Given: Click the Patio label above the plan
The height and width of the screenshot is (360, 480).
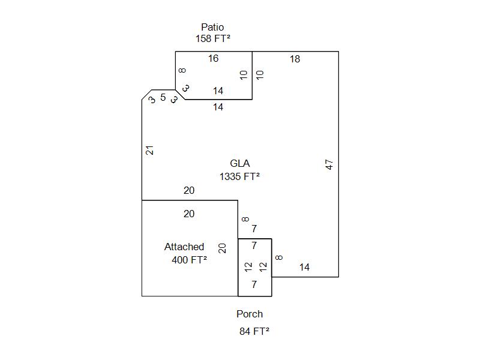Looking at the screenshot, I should [x=212, y=27].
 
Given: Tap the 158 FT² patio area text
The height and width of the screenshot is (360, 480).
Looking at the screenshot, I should [x=213, y=38].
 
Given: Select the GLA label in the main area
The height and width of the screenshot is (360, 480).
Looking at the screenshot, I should [x=239, y=163].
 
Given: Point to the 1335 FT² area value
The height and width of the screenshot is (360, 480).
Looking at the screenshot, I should [x=239, y=176].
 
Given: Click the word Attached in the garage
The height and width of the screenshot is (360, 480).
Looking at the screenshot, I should [x=184, y=247].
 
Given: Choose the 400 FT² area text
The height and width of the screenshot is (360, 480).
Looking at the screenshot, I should [x=189, y=260].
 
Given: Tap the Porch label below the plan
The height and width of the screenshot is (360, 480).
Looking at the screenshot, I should [x=250, y=314].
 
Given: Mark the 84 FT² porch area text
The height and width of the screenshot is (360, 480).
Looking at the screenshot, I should [x=254, y=331].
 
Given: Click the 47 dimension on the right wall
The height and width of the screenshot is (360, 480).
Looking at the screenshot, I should [x=329, y=164].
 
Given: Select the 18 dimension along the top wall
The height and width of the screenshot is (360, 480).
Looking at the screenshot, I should [x=295, y=59].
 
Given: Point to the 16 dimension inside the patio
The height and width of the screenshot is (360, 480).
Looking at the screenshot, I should [x=213, y=59].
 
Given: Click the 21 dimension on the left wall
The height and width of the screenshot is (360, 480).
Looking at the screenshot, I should [x=151, y=150].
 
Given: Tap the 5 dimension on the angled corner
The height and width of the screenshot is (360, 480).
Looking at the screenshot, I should [x=163, y=97].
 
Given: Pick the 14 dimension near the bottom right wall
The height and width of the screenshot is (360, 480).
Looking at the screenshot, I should [x=304, y=268].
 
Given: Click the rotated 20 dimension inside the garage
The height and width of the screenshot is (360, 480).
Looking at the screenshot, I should [x=223, y=248].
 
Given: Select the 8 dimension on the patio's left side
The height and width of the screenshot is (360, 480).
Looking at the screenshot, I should [x=182, y=71].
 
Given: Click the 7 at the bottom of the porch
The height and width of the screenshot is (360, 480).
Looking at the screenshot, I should [x=254, y=285].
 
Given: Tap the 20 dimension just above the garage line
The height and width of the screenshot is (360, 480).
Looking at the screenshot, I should [x=189, y=191].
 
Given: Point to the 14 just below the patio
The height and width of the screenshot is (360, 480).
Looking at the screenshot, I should [x=218, y=107].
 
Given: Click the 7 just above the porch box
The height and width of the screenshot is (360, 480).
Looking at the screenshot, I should [x=254, y=229].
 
